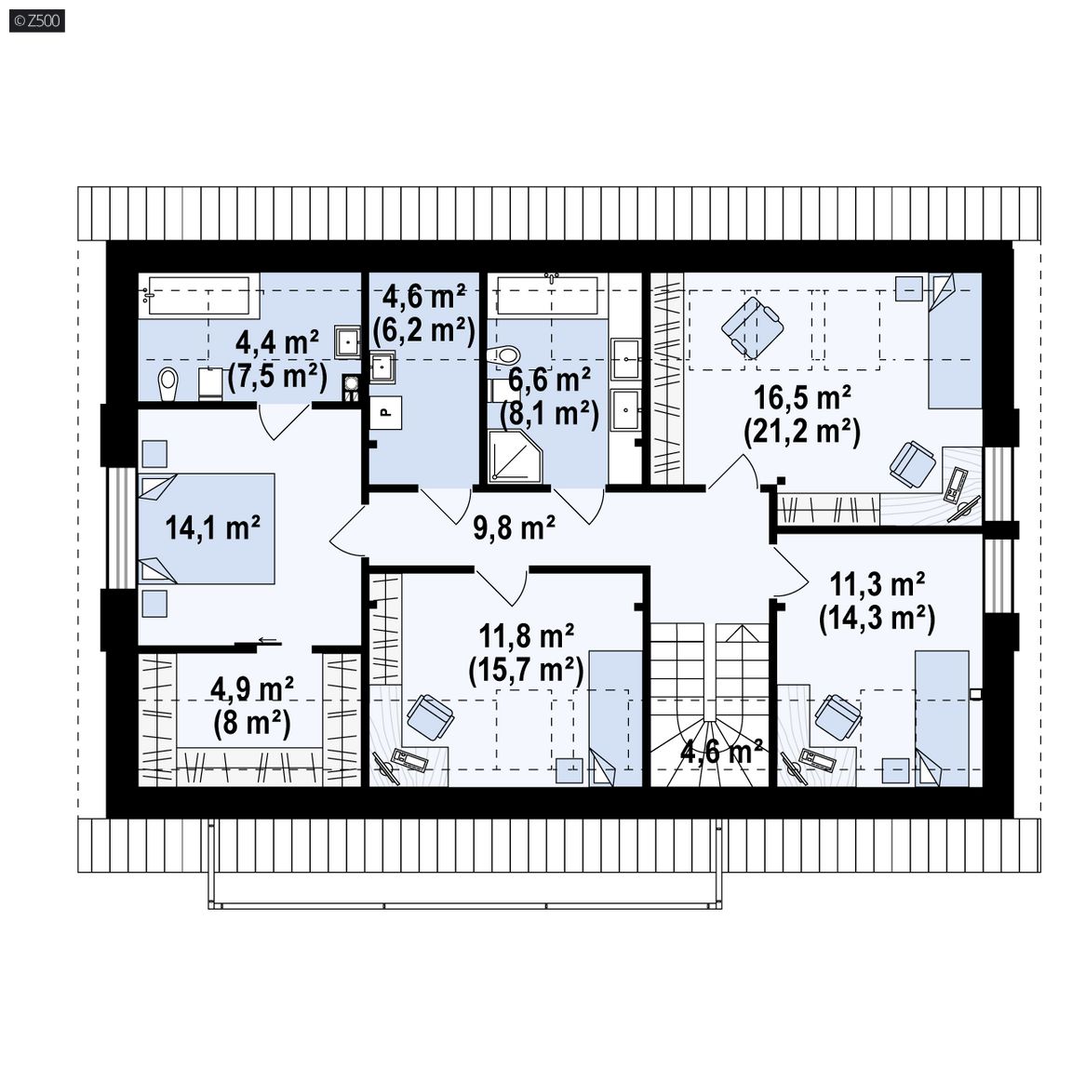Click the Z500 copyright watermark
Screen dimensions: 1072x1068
37,20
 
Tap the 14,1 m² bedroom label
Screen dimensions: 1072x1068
212,527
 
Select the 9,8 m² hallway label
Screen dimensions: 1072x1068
514,527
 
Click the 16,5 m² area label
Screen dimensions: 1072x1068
802,397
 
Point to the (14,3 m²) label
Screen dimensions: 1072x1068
878,619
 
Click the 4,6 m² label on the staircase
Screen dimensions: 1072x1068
722,752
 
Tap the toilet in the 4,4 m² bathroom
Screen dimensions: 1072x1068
167,385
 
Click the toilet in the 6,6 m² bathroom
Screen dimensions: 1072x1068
503,356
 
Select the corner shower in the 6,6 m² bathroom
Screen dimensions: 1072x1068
516,457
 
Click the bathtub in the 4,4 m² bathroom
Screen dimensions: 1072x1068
199,296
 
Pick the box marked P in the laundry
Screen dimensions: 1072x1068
385,413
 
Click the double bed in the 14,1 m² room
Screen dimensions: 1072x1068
207,528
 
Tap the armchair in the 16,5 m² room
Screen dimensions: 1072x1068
752,327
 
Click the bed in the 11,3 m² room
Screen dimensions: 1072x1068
942,718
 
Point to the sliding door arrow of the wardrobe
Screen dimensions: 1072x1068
268,641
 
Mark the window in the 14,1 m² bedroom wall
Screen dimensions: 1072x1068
123,527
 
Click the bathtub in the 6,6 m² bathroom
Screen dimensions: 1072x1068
547,296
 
